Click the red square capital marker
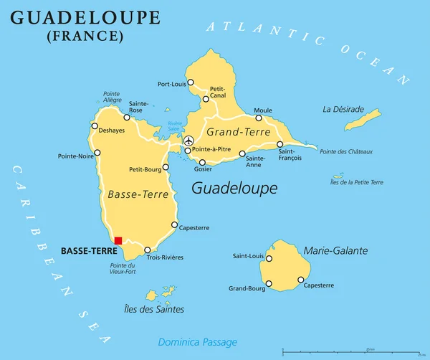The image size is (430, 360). point(118,241)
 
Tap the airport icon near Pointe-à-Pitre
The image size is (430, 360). point(188,141)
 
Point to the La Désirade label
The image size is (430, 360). point(343,110)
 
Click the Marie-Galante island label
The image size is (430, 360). point(336,250)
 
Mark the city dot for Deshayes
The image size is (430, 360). point(94,125)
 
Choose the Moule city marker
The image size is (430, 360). point(259,118)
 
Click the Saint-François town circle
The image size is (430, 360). point(280,144)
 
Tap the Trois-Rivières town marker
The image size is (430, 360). point(148,250)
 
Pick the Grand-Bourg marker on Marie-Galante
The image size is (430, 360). point(269,284)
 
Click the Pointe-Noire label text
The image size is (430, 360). point(75,156)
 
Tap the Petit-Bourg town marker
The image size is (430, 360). point(166,167)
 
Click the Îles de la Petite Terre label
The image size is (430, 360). point(357,182)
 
